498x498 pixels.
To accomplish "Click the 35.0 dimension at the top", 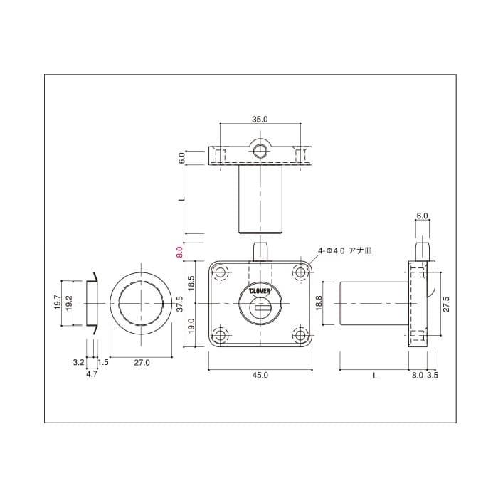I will point(260,120).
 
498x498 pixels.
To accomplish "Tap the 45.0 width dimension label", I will point(260,376).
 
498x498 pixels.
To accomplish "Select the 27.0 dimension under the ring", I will point(142,363).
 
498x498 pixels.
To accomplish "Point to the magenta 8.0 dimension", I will point(180,252).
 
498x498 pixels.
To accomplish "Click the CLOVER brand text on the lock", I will point(260,291).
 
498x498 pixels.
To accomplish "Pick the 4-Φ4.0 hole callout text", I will point(346,250).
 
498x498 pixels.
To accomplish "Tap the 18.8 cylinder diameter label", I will point(319,304).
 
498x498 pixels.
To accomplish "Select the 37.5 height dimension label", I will point(180,304).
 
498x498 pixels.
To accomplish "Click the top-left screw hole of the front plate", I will point(221,272).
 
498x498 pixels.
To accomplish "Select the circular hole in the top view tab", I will point(260,150).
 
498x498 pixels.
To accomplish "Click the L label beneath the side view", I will point(374,376).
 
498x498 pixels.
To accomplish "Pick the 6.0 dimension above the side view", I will point(421,215).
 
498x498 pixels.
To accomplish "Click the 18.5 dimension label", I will point(190,283).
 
